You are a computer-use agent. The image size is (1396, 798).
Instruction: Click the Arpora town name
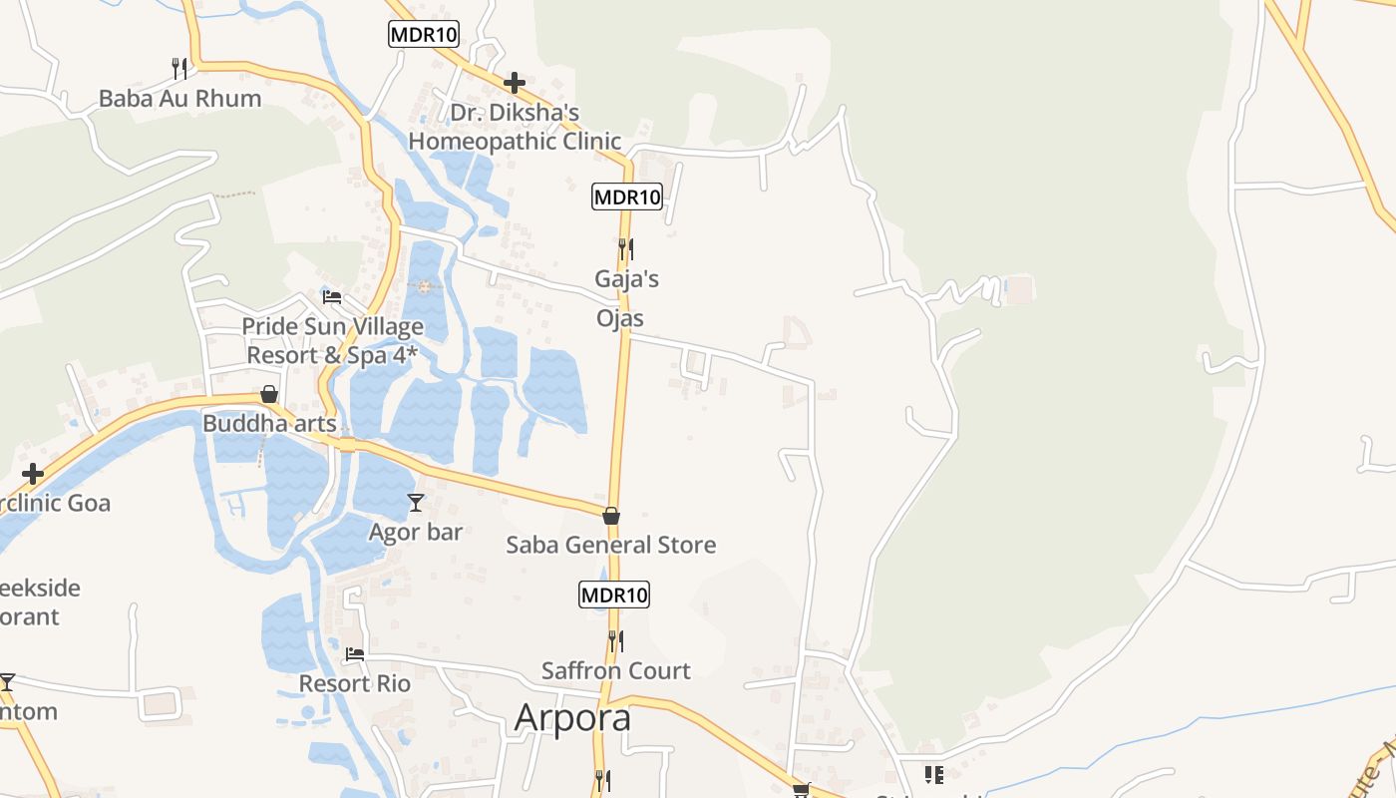coord(572,718)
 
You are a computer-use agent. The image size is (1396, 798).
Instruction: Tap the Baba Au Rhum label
coord(179,98)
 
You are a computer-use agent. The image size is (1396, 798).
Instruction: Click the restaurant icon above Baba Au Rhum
coord(179,68)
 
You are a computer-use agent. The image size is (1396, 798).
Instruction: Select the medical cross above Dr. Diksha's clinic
coord(515,83)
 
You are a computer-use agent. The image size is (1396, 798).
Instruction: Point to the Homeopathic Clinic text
coord(515,141)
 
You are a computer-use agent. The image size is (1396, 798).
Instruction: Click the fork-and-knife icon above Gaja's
coord(626,248)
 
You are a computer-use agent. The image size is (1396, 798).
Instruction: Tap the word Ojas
coord(619,318)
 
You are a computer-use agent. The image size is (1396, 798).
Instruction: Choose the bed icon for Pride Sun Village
coord(332,297)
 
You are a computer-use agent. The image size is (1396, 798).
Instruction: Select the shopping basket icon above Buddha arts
coord(269,394)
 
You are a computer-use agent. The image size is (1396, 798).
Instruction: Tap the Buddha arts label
coord(269,423)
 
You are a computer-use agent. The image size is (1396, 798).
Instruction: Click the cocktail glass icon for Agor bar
coord(416,503)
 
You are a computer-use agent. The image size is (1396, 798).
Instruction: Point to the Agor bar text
coord(416,532)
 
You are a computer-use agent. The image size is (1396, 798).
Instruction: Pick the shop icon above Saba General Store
coord(611,516)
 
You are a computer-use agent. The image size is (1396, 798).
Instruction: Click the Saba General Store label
coord(611,545)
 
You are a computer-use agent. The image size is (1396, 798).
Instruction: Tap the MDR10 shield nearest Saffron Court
coord(614,596)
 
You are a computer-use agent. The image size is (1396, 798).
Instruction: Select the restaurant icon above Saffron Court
coord(616,640)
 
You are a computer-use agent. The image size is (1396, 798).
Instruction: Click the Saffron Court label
coord(616,670)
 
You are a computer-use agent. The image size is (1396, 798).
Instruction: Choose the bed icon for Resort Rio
coord(355,654)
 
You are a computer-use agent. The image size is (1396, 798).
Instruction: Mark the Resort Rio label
coord(355,683)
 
